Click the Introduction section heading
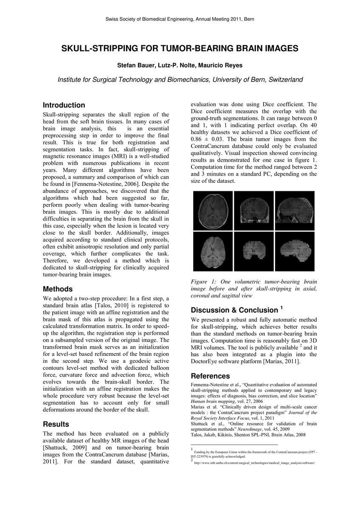(64, 105)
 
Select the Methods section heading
(59, 289)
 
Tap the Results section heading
(56, 424)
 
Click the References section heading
(210, 376)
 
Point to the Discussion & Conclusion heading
(234, 310)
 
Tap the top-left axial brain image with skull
(213, 210)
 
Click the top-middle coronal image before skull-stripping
(253, 210)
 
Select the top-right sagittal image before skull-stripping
(294, 210)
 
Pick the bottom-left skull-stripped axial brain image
(213, 251)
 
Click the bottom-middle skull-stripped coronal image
(253, 252)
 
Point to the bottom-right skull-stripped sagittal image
(294, 252)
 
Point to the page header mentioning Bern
(180, 20)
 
